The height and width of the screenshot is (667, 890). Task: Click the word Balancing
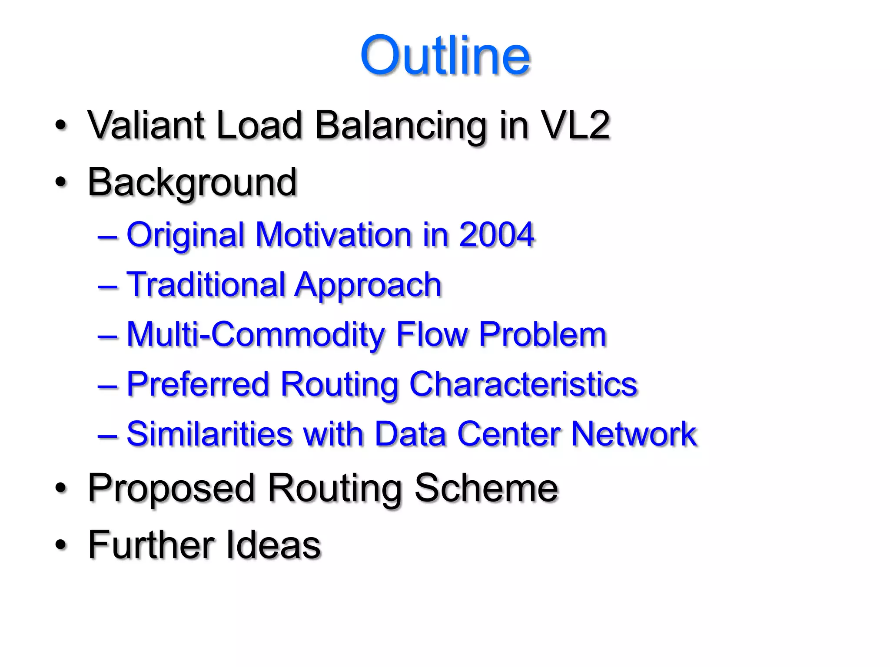(x=400, y=126)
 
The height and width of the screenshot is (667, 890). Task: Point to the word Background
(x=192, y=182)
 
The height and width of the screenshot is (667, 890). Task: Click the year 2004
(x=496, y=234)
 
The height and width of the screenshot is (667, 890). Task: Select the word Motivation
(x=333, y=234)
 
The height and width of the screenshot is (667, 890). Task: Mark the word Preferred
(x=198, y=384)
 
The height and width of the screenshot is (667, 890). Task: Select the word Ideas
(x=273, y=545)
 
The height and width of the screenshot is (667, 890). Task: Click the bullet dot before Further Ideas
(x=61, y=545)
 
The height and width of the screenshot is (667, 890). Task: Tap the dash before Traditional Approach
(x=107, y=287)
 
